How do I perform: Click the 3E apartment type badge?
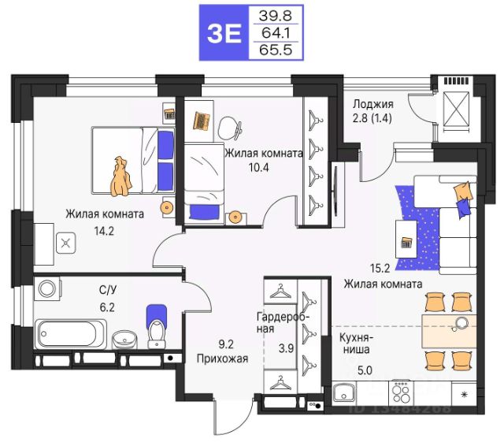click(x=224, y=33)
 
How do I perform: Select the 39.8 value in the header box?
click(x=276, y=15)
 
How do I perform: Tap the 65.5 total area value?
click(x=276, y=50)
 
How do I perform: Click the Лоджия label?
click(x=372, y=104)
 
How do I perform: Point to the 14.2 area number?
click(x=104, y=231)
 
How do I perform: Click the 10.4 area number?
click(x=259, y=167)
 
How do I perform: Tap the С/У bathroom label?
click(x=108, y=290)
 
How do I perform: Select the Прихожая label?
click(x=222, y=359)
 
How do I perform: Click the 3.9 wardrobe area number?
click(x=286, y=348)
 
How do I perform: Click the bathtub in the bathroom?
click(x=70, y=334)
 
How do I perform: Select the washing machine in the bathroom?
click(x=47, y=288)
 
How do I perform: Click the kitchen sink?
click(x=344, y=392)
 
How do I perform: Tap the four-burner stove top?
click(x=401, y=393)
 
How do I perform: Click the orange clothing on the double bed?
click(x=120, y=177)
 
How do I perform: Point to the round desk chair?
click(x=229, y=128)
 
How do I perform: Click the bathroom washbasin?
click(x=124, y=340)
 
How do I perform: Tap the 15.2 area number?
click(x=380, y=268)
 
